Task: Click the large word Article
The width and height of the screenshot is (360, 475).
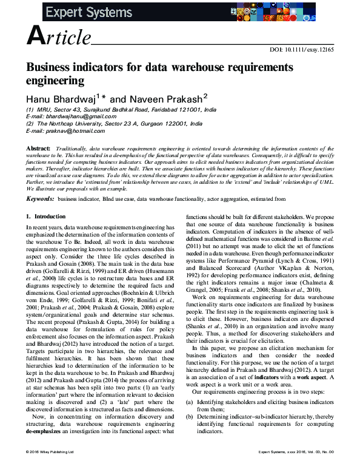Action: [59, 38]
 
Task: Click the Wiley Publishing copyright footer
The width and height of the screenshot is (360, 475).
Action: [49, 468]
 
